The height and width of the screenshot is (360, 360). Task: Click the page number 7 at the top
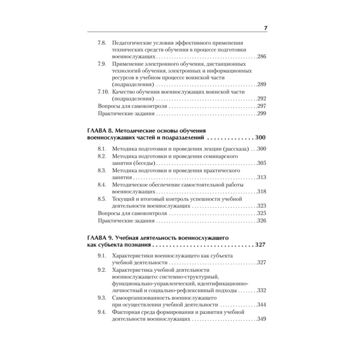265,28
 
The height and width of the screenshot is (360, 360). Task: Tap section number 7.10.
103,92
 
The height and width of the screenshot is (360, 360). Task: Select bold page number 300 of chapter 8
260,138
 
